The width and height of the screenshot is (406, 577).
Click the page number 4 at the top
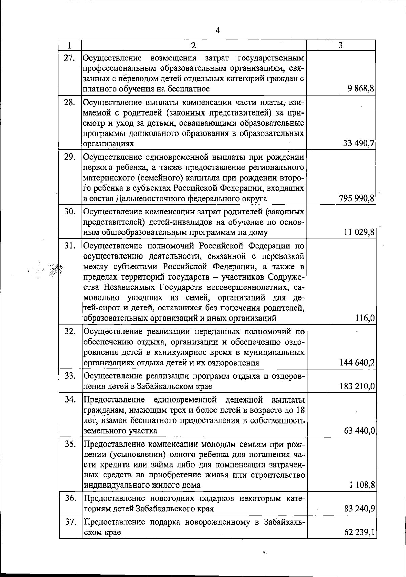coord(218,30)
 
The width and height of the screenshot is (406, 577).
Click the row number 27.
coord(69,58)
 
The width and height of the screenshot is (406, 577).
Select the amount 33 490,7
coord(358,144)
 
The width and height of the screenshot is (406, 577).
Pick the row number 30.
coord(69,212)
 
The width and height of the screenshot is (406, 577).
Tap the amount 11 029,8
coord(359,232)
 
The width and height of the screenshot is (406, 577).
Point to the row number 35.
coord(70,444)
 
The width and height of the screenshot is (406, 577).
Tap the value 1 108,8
coord(362,485)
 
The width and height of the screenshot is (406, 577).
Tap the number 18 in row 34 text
coord(300,410)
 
